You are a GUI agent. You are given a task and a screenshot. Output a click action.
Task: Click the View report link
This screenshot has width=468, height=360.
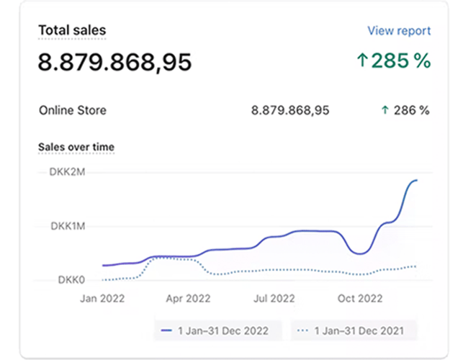coord(399,31)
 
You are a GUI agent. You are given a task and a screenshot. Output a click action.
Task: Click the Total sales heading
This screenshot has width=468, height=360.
coord(72,30)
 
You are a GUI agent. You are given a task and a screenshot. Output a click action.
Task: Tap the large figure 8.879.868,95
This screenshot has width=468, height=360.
coord(115,62)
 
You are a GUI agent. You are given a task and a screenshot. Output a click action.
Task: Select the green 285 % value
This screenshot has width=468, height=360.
coord(402,61)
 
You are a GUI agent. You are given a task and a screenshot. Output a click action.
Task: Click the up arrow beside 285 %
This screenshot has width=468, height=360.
coord(362,61)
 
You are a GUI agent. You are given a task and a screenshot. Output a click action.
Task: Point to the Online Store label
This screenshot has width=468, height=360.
coord(72,110)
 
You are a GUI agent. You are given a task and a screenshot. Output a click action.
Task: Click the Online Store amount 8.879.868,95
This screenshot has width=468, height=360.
coord(290,110)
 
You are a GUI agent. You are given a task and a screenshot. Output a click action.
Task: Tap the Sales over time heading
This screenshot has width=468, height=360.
coord(76,147)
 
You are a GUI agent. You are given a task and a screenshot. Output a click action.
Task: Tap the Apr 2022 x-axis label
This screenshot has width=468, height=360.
coord(189,298)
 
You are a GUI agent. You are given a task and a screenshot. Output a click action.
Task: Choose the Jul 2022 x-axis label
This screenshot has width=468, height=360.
coord(274,298)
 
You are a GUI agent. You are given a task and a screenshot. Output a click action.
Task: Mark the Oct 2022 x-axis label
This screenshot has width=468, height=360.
coord(359,298)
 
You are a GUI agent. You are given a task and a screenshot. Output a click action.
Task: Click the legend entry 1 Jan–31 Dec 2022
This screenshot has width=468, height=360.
coord(216,330)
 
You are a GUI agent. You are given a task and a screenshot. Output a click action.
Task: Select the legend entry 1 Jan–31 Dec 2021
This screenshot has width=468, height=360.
coord(355,330)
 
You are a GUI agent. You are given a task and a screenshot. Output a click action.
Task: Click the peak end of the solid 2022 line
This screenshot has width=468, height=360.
coord(416,180)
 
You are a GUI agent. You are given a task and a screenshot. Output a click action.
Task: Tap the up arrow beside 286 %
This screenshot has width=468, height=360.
coord(385,110)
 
